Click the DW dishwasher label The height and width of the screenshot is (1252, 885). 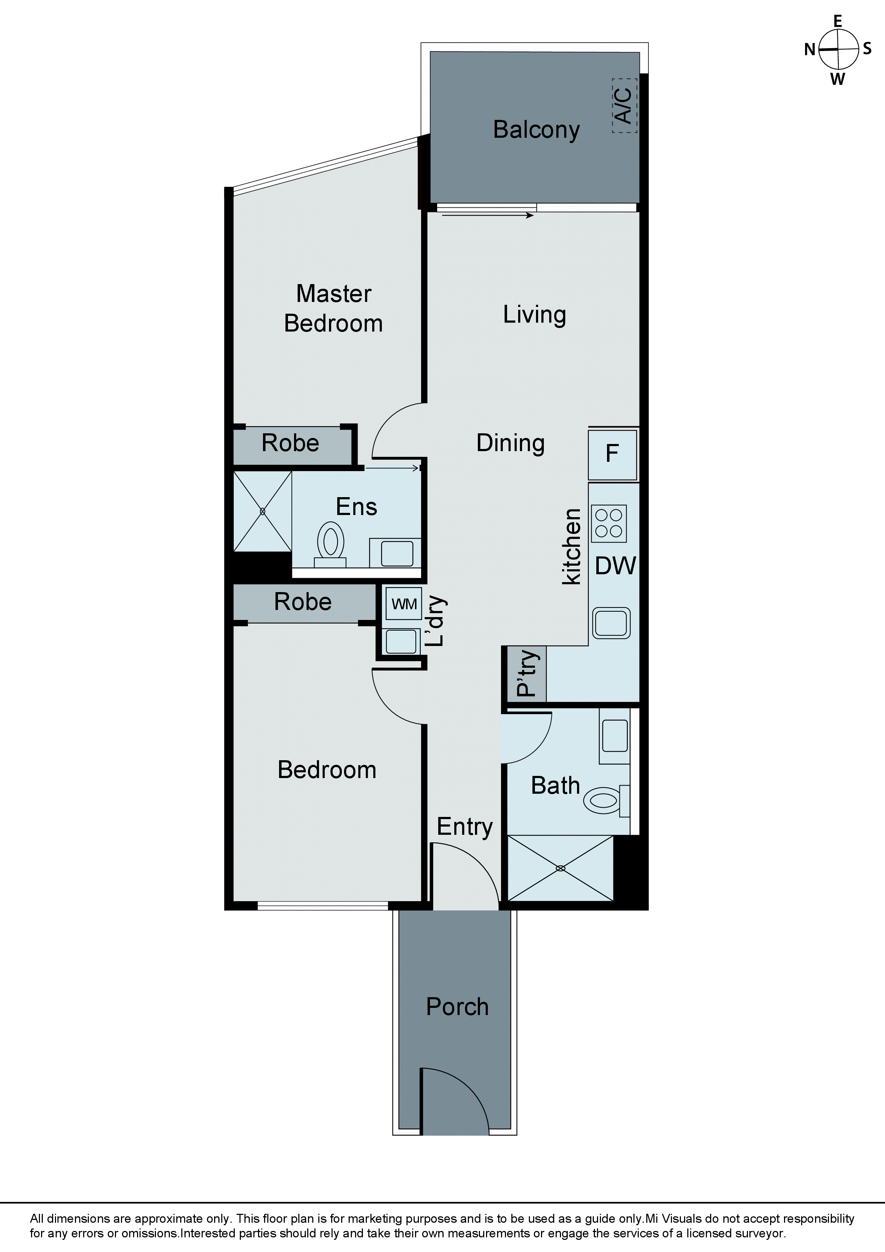615,566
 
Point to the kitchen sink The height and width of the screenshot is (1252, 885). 612,623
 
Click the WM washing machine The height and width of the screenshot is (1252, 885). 404,604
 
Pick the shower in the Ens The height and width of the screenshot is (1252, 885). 262,511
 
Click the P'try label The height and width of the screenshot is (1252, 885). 527,673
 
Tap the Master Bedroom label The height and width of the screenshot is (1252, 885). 333,309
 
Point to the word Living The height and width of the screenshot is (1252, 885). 534,315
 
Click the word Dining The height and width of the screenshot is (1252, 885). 510,443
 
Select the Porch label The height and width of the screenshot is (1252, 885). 457,1006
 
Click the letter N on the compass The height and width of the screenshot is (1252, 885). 810,50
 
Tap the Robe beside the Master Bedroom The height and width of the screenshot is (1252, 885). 290,443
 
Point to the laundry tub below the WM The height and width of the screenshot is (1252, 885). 401,641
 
